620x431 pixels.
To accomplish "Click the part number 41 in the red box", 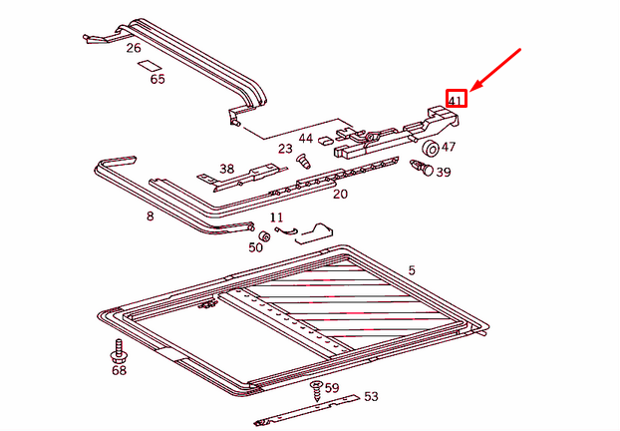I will tap(456, 100).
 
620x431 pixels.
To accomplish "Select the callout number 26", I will tap(134, 47).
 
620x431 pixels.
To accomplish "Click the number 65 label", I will tap(157, 80).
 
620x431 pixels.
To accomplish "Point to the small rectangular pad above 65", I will tap(150, 64).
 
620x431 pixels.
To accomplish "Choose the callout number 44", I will tap(305, 138).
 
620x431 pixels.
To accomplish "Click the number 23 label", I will tap(285, 149).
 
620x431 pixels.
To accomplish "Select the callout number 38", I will tap(227, 169).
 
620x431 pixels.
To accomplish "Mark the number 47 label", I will tap(449, 147).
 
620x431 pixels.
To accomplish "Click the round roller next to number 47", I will tap(431, 149).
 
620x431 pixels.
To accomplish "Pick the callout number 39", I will tap(444, 172).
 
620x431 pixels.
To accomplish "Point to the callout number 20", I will tap(340, 194).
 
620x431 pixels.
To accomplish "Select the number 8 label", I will tap(151, 215).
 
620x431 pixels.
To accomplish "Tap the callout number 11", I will tap(276, 216).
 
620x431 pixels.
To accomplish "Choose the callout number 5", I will tap(411, 270).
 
